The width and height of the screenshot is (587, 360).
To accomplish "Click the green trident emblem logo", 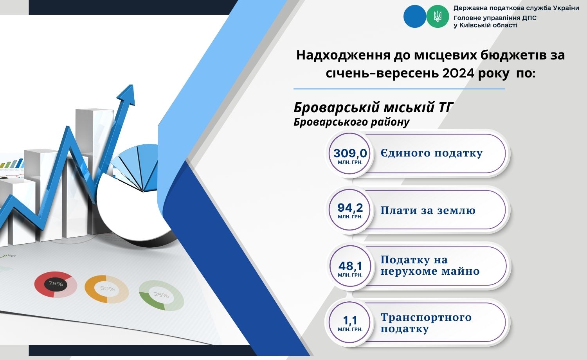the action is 438,16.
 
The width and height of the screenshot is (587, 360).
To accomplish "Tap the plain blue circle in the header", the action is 415,16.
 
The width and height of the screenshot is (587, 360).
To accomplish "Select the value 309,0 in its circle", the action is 350,153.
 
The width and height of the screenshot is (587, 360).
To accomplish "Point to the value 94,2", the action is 350,208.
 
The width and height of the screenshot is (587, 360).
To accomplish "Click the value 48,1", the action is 350,266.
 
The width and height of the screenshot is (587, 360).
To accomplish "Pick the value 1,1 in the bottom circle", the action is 350,320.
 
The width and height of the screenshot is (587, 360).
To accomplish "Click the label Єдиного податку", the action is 431,153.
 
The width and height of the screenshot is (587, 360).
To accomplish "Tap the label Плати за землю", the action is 428,211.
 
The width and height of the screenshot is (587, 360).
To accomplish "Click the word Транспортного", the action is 426,318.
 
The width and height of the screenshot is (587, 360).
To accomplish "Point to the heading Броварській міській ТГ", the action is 373,108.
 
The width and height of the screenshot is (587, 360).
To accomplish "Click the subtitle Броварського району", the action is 351,122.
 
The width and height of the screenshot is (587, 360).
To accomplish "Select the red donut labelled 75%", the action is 56,284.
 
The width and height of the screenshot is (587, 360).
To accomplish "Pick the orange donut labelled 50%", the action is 107,289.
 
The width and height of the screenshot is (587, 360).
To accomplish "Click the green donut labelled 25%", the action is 161,295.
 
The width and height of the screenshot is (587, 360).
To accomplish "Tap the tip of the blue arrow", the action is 132,85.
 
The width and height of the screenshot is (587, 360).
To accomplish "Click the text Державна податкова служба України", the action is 516,8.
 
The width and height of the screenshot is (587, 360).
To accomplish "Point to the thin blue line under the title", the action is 399,89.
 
